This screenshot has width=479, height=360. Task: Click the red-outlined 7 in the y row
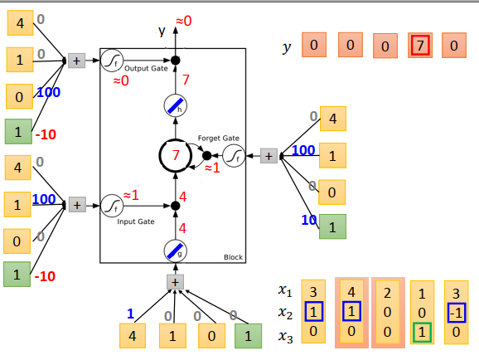coord(420,46)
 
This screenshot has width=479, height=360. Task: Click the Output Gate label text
coord(148,68)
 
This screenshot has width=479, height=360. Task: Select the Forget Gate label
coord(218,138)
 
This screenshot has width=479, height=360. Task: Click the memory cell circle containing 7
coord(175,155)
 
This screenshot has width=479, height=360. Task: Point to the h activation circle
coord(175,105)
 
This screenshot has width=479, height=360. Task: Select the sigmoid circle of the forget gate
coord(235,155)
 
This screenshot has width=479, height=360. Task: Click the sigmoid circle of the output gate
coord(112,60)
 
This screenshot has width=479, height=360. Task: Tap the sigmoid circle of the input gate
coord(112,204)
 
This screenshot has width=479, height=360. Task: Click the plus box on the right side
coord(269,155)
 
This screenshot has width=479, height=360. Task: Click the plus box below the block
coord(175,282)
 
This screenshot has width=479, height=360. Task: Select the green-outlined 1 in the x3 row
coord(421,332)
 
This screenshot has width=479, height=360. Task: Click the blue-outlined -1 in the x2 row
coord(457,312)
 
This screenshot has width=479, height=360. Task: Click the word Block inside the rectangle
coord(233,257)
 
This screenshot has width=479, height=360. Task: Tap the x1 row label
coord(285,291)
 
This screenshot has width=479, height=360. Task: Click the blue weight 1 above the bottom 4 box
coord(130,314)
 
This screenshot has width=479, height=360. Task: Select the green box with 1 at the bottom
coord(246,336)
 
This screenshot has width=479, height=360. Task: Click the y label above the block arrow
coord(162,31)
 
